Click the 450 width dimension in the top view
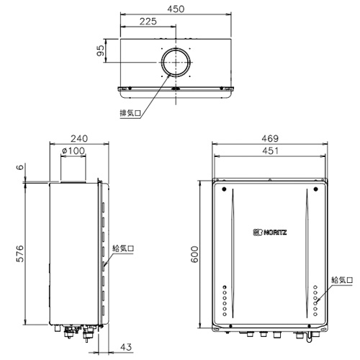pyautogui.click(x=176, y=9)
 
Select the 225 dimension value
pyautogui.click(x=148, y=22)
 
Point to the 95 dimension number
pyautogui.click(x=101, y=50)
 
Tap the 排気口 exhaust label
pyautogui.click(x=130, y=113)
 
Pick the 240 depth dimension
pyautogui.click(x=79, y=138)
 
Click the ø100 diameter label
pyautogui.click(x=73, y=150)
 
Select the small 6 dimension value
pyautogui.click(x=21, y=167)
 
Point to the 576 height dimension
pyautogui.click(x=20, y=253)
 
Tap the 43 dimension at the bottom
pyautogui.click(x=126, y=347)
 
